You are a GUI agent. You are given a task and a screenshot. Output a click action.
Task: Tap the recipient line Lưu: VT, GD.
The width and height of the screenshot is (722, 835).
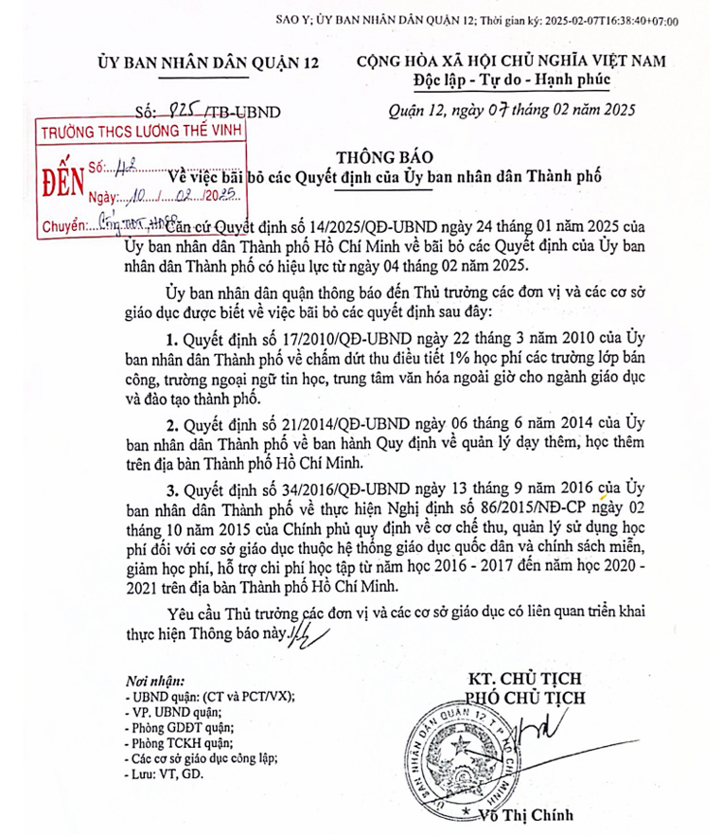tap(163, 773)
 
